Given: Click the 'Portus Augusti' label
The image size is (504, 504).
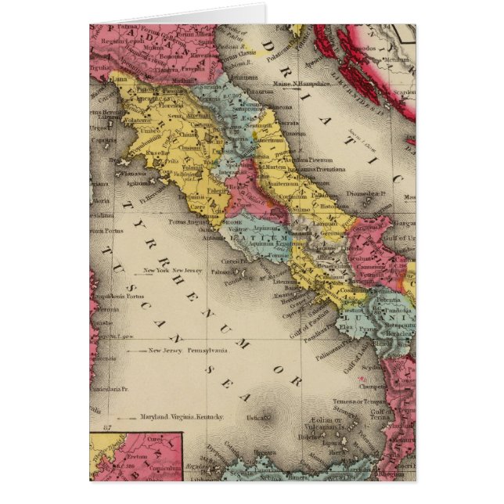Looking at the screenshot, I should (189, 223).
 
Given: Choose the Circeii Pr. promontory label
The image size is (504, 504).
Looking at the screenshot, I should (231, 262).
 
